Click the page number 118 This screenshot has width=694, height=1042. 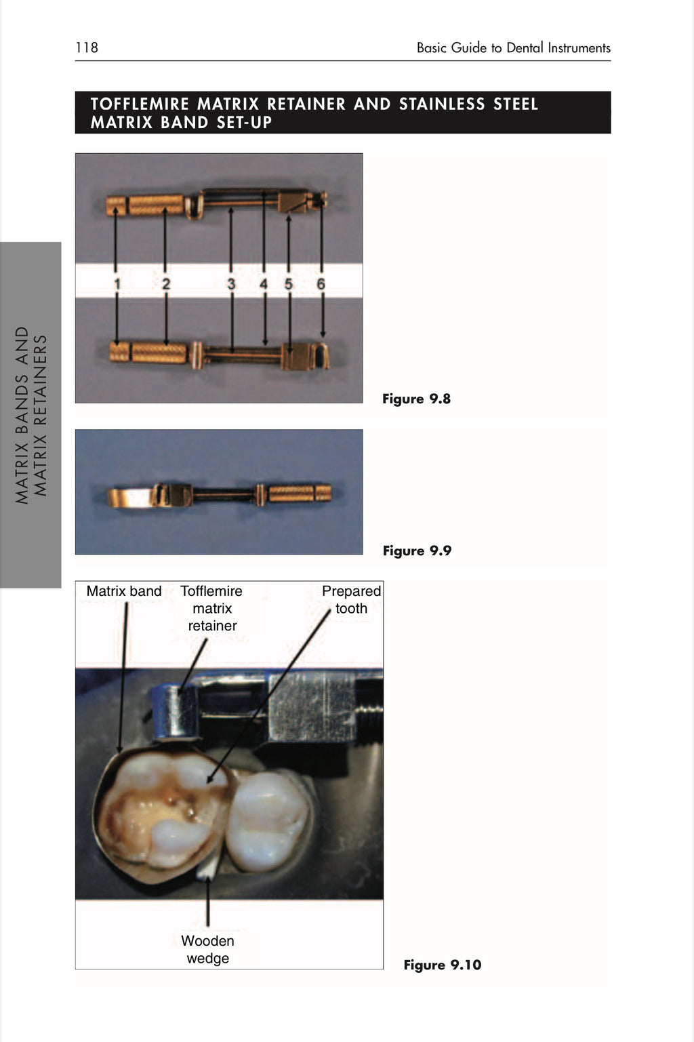[87, 47]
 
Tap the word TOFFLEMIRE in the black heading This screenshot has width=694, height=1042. [140, 104]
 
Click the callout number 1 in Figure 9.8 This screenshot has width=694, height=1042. [117, 284]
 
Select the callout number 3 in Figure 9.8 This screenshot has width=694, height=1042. [231, 284]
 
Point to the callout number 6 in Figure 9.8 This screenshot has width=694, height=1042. [321, 284]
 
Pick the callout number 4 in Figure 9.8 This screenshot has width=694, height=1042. [264, 284]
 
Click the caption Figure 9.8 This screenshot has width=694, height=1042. [416, 399]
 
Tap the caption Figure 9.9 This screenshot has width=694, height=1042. [417, 550]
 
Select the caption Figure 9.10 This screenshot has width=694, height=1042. [443, 965]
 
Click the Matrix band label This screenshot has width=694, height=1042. [124, 591]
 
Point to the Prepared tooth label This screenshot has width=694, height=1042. [351, 599]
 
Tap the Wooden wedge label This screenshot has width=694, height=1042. [207, 949]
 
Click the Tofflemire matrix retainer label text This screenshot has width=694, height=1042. [211, 608]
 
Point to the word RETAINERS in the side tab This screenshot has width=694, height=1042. [41, 416]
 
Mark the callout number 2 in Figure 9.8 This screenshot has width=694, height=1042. [166, 284]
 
